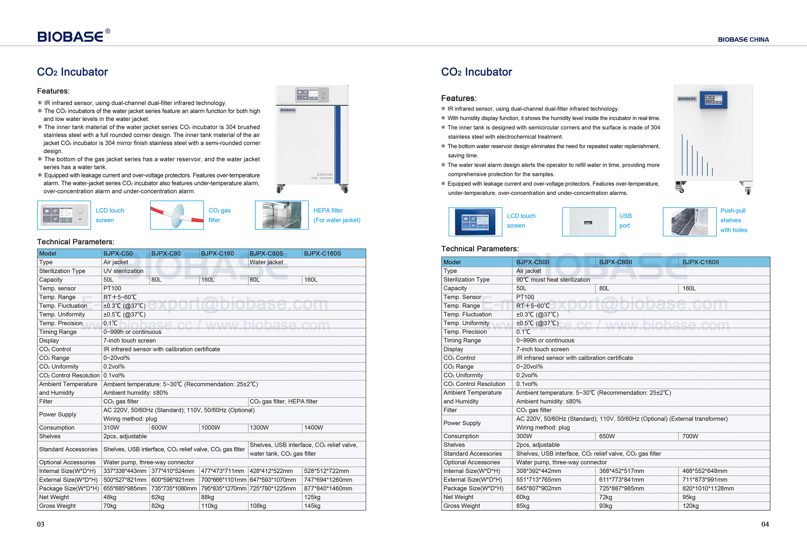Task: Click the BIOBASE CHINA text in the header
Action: pyautogui.click(x=743, y=39)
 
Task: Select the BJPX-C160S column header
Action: pyautogui.click(x=322, y=253)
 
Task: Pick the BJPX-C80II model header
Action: pyautogui.click(x=615, y=262)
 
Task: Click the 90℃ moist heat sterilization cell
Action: pyautogui.click(x=553, y=279)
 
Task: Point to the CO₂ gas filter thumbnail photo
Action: pyautogui.click(x=177, y=215)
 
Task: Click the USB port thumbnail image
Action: pyautogui.click(x=589, y=222)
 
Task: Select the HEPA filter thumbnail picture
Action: pyautogui.click(x=282, y=215)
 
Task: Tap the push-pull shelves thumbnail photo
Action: pyautogui.click(x=689, y=222)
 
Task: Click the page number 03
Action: pyautogui.click(x=41, y=524)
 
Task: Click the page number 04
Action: pyautogui.click(x=765, y=524)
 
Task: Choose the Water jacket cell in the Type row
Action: pyautogui.click(x=266, y=262)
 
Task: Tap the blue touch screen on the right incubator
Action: pyautogui.click(x=713, y=100)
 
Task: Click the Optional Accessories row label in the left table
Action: pyautogui.click(x=67, y=462)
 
